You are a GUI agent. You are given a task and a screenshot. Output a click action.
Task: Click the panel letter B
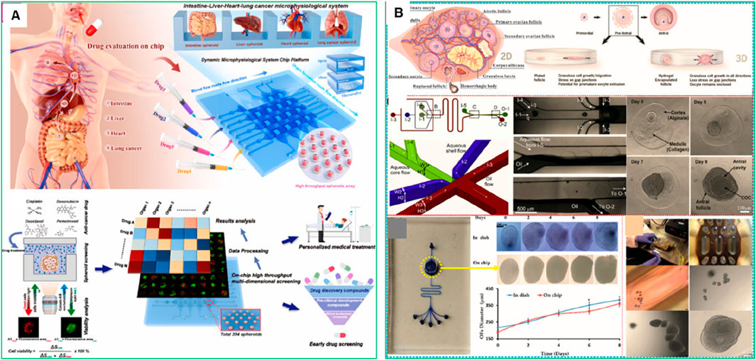click(399, 12)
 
